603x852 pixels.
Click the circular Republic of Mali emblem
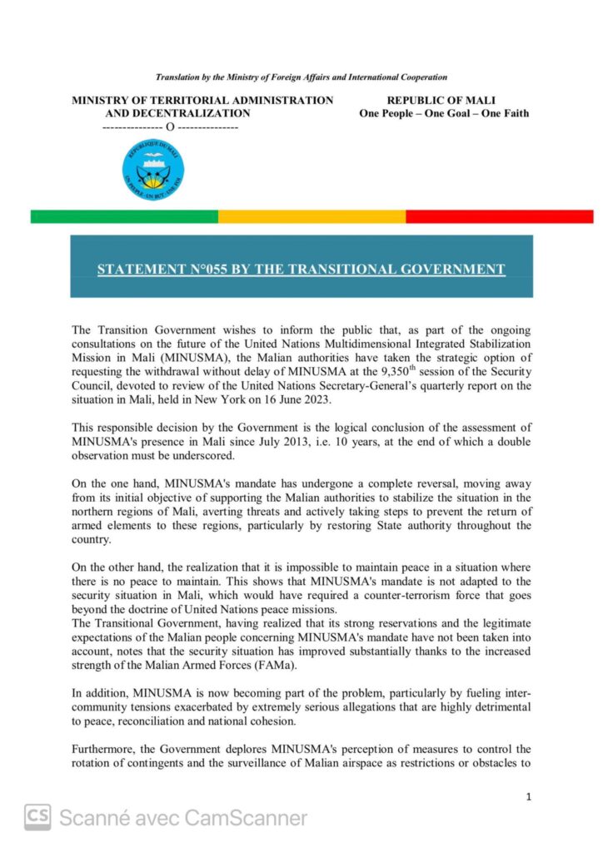[x=152, y=168]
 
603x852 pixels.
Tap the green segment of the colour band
[x=124, y=216]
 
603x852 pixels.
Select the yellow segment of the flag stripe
[x=311, y=216]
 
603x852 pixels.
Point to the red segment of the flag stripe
[x=499, y=216]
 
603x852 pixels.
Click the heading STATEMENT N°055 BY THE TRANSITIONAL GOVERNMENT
[x=301, y=269]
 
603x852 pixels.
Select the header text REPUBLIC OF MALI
[x=441, y=101]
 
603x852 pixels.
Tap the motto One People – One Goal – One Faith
[x=444, y=113]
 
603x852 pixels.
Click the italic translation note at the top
[x=301, y=77]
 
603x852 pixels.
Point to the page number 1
[x=529, y=796]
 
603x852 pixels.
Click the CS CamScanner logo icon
[x=37, y=818]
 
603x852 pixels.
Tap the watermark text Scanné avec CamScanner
[x=183, y=818]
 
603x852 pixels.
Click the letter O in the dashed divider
[x=170, y=127]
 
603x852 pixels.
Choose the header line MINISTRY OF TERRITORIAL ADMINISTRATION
[x=202, y=101]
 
